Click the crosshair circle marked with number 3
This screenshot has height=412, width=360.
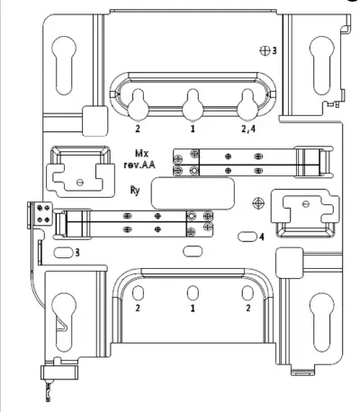(x=264, y=50)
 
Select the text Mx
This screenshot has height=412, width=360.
(x=141, y=154)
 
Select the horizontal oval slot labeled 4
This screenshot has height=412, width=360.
(x=246, y=237)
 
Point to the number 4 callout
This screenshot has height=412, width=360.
(x=261, y=237)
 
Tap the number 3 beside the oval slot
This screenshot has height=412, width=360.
(x=77, y=254)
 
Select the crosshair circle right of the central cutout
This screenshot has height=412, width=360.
(x=257, y=202)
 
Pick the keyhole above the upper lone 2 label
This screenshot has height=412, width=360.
(x=138, y=105)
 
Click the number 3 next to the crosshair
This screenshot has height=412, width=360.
(x=274, y=51)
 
